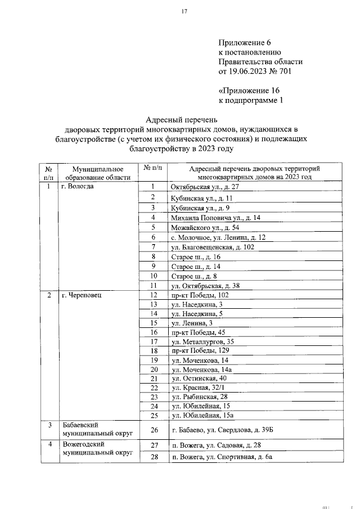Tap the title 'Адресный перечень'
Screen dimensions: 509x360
click(x=181, y=119)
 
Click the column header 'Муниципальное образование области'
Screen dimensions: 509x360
click(x=97, y=172)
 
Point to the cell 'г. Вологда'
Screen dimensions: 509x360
click(x=78, y=186)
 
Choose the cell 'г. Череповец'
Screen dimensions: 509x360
click(x=82, y=295)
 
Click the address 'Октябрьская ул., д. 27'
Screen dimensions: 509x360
click(x=205, y=186)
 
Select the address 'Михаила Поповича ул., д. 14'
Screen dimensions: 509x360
click(x=215, y=217)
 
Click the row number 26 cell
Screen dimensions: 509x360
click(x=153, y=430)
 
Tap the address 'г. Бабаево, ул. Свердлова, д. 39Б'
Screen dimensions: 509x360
click(x=223, y=430)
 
